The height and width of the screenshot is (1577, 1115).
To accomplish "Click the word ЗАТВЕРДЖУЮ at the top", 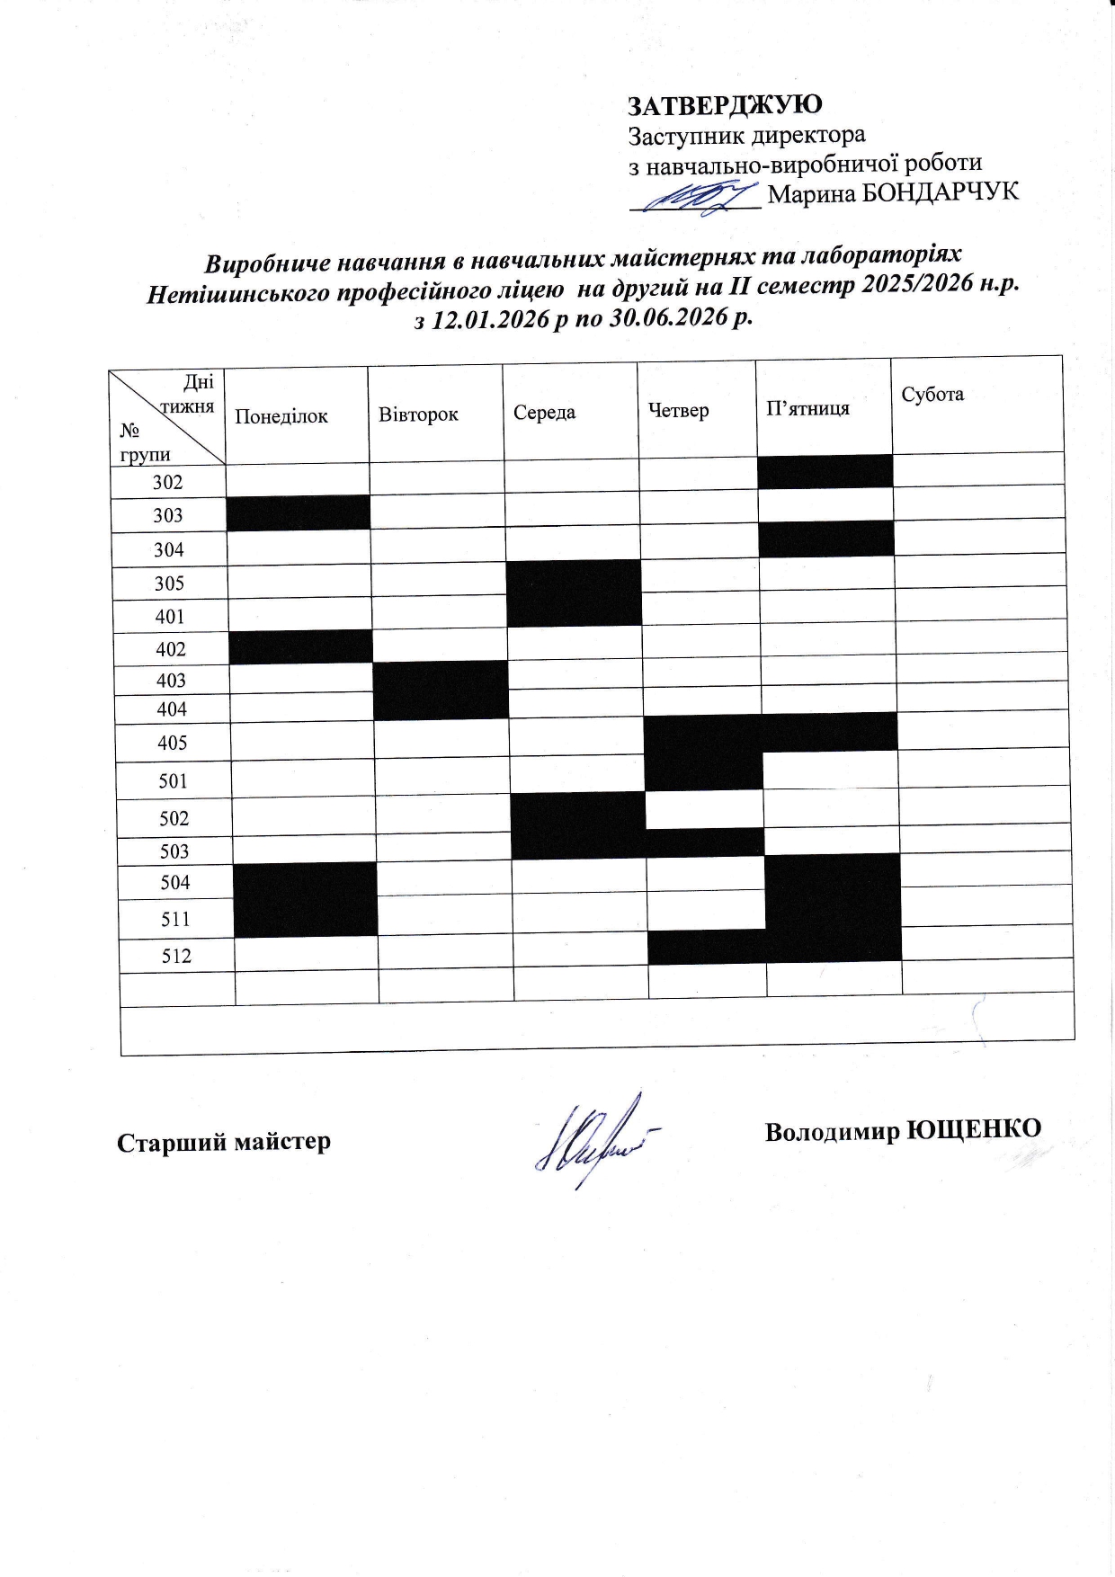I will point(724,104).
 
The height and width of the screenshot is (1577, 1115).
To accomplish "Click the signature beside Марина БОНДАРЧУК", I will point(697,196).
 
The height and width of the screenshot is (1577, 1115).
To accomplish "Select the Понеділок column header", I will point(281,416).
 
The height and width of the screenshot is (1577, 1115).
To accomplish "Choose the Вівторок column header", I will point(418,414).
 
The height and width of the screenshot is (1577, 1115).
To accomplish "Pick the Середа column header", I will point(544,413).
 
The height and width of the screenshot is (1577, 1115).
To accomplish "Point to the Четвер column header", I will point(678,410).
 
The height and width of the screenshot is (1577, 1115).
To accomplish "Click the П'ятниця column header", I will point(807,408).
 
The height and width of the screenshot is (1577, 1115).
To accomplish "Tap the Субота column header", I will point(932,394).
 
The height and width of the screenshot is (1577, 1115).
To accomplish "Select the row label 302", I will point(167,482).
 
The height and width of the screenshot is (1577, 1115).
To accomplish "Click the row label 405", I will point(172,743).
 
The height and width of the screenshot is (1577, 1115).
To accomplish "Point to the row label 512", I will point(176,956).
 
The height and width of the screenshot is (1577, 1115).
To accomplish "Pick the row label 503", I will point(174,851).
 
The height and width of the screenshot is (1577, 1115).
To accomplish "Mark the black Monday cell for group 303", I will point(298,512).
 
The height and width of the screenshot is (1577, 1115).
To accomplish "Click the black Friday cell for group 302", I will point(825,471).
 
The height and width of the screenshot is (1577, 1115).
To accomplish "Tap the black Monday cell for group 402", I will point(300,646).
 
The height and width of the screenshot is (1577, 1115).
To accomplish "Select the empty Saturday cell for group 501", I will point(985,768).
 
